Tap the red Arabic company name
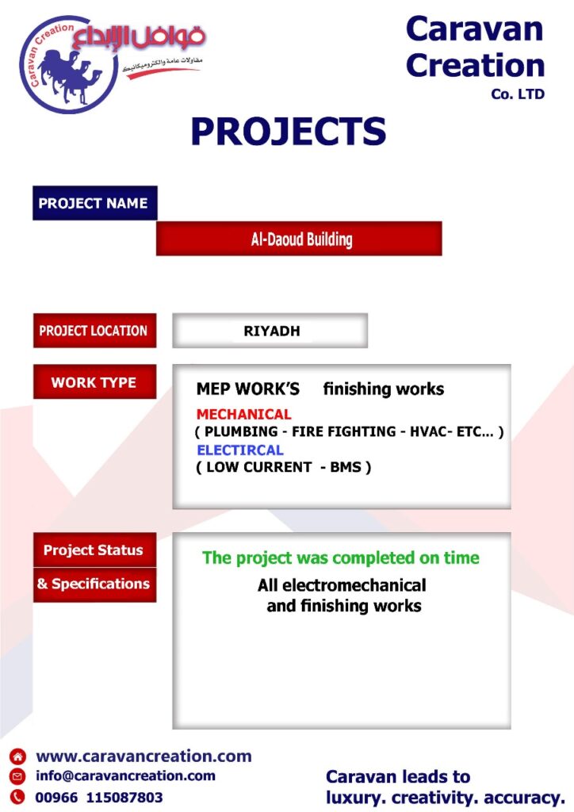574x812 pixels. tap(139, 37)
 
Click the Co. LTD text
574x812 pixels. tap(518, 94)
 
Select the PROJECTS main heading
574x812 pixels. tap(289, 131)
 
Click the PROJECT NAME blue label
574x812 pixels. tap(94, 203)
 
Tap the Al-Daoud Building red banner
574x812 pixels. tap(299, 239)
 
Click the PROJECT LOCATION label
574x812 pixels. tap(94, 331)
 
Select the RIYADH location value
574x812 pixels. tap(272, 331)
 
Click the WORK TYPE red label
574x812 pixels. tap(94, 381)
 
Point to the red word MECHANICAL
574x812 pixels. tap(243, 414)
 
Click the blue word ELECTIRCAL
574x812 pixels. tap(240, 450)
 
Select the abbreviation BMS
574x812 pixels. tap(346, 467)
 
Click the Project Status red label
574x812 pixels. tap(94, 550)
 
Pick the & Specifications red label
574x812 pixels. tap(94, 584)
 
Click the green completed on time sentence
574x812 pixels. tap(341, 557)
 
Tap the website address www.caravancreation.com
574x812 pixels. tap(143, 756)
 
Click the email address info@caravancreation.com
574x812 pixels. tap(125, 776)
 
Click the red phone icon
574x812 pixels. tap(17, 796)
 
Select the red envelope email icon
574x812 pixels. tap(17, 776)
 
